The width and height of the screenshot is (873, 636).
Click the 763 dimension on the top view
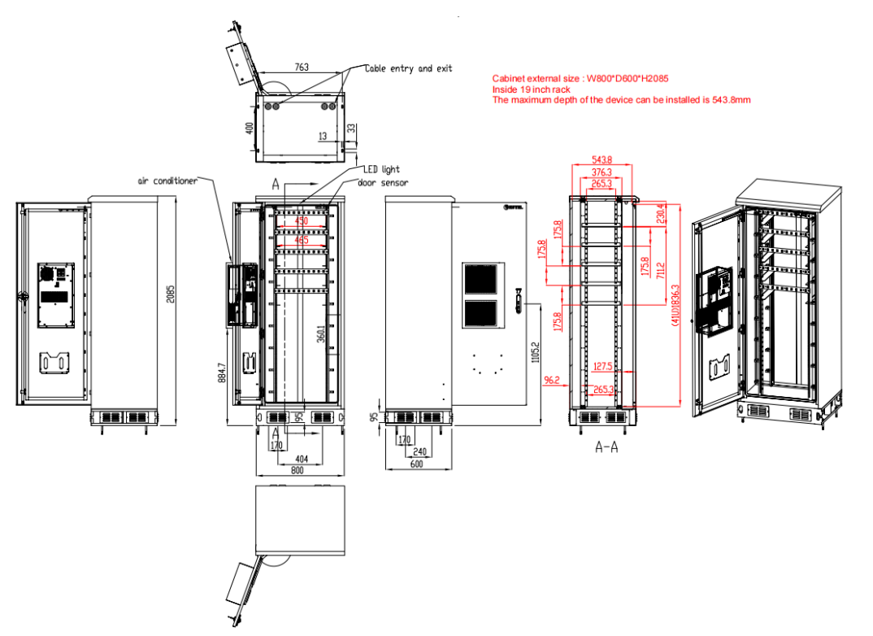click(x=301, y=68)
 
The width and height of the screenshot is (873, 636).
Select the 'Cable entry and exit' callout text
click(x=408, y=69)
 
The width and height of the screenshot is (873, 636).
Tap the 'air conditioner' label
click(x=167, y=181)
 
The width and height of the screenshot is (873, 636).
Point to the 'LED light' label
click(x=380, y=169)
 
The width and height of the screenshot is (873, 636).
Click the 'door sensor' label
click(x=383, y=182)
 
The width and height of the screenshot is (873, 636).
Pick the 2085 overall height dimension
click(x=170, y=293)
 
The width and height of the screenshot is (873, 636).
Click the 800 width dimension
click(x=297, y=470)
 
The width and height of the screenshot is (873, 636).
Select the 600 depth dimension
click(x=416, y=464)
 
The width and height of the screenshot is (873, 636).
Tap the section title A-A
click(x=606, y=447)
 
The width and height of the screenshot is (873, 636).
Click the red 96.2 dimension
click(x=552, y=379)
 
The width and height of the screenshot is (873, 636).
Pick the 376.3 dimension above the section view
click(x=602, y=172)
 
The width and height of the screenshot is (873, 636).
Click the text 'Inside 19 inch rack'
click(x=531, y=89)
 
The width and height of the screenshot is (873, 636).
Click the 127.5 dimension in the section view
click(x=602, y=365)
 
